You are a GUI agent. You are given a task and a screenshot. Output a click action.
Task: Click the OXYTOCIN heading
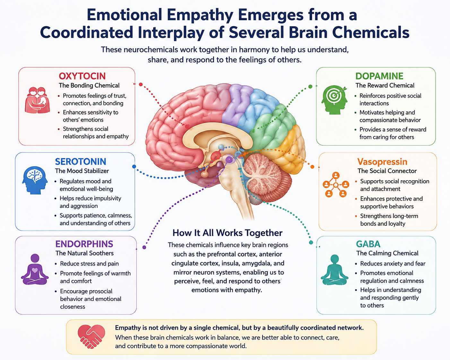click(x=82, y=76)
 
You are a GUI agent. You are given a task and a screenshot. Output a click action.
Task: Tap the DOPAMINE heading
click(x=379, y=76)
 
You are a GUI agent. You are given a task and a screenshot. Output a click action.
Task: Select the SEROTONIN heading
click(x=81, y=162)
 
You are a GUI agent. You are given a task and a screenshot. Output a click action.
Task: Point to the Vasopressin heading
click(x=382, y=162)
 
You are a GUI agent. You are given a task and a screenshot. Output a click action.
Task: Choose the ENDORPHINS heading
click(x=84, y=244)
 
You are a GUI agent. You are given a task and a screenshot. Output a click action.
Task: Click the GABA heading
click(x=368, y=244)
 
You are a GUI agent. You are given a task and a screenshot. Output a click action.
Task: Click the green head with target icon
click(x=334, y=100)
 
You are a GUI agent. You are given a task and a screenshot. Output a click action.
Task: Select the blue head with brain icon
click(x=35, y=180)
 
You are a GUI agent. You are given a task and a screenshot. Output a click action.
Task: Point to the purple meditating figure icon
click(x=35, y=269)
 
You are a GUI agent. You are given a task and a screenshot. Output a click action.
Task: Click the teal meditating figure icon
click(x=334, y=270)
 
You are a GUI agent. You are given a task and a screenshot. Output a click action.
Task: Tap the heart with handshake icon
click(x=91, y=337)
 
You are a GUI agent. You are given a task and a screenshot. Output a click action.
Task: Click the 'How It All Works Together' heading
click(x=228, y=233)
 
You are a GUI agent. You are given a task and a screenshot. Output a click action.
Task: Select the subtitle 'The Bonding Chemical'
click(x=89, y=85)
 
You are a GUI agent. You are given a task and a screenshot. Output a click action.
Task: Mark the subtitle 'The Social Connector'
click(x=387, y=171)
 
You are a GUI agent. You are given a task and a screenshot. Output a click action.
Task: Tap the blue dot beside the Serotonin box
click(x=134, y=167)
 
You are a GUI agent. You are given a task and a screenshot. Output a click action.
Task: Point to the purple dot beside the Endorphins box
click(x=144, y=247)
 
